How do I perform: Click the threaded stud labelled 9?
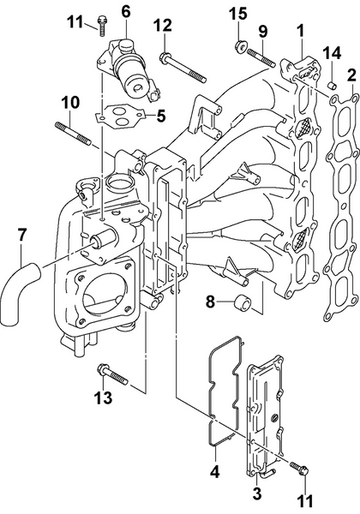(261, 59)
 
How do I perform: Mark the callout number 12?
(162, 26)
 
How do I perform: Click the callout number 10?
(69, 105)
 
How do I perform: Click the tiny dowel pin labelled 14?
(331, 83)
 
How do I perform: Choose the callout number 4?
(214, 470)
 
